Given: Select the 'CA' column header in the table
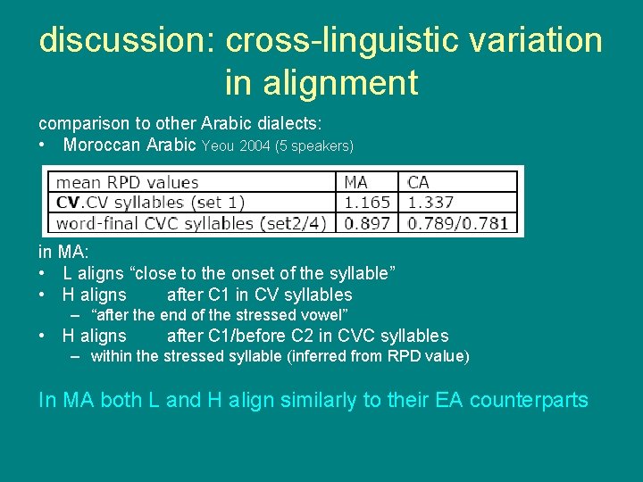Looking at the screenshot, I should pyautogui.click(x=418, y=182).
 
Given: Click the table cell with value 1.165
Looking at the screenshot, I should pyautogui.click(x=366, y=203).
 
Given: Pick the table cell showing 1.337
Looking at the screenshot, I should pyautogui.click(x=430, y=203).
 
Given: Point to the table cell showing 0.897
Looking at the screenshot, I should pyautogui.click(x=366, y=222).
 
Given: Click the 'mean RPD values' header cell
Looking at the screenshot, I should pyautogui.click(x=127, y=182).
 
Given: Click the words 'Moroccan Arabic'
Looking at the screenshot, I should pyautogui.click(x=129, y=145).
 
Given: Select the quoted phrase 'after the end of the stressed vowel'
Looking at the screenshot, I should pyautogui.click(x=220, y=315).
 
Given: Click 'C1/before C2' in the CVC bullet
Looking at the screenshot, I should pyautogui.click(x=254, y=336).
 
